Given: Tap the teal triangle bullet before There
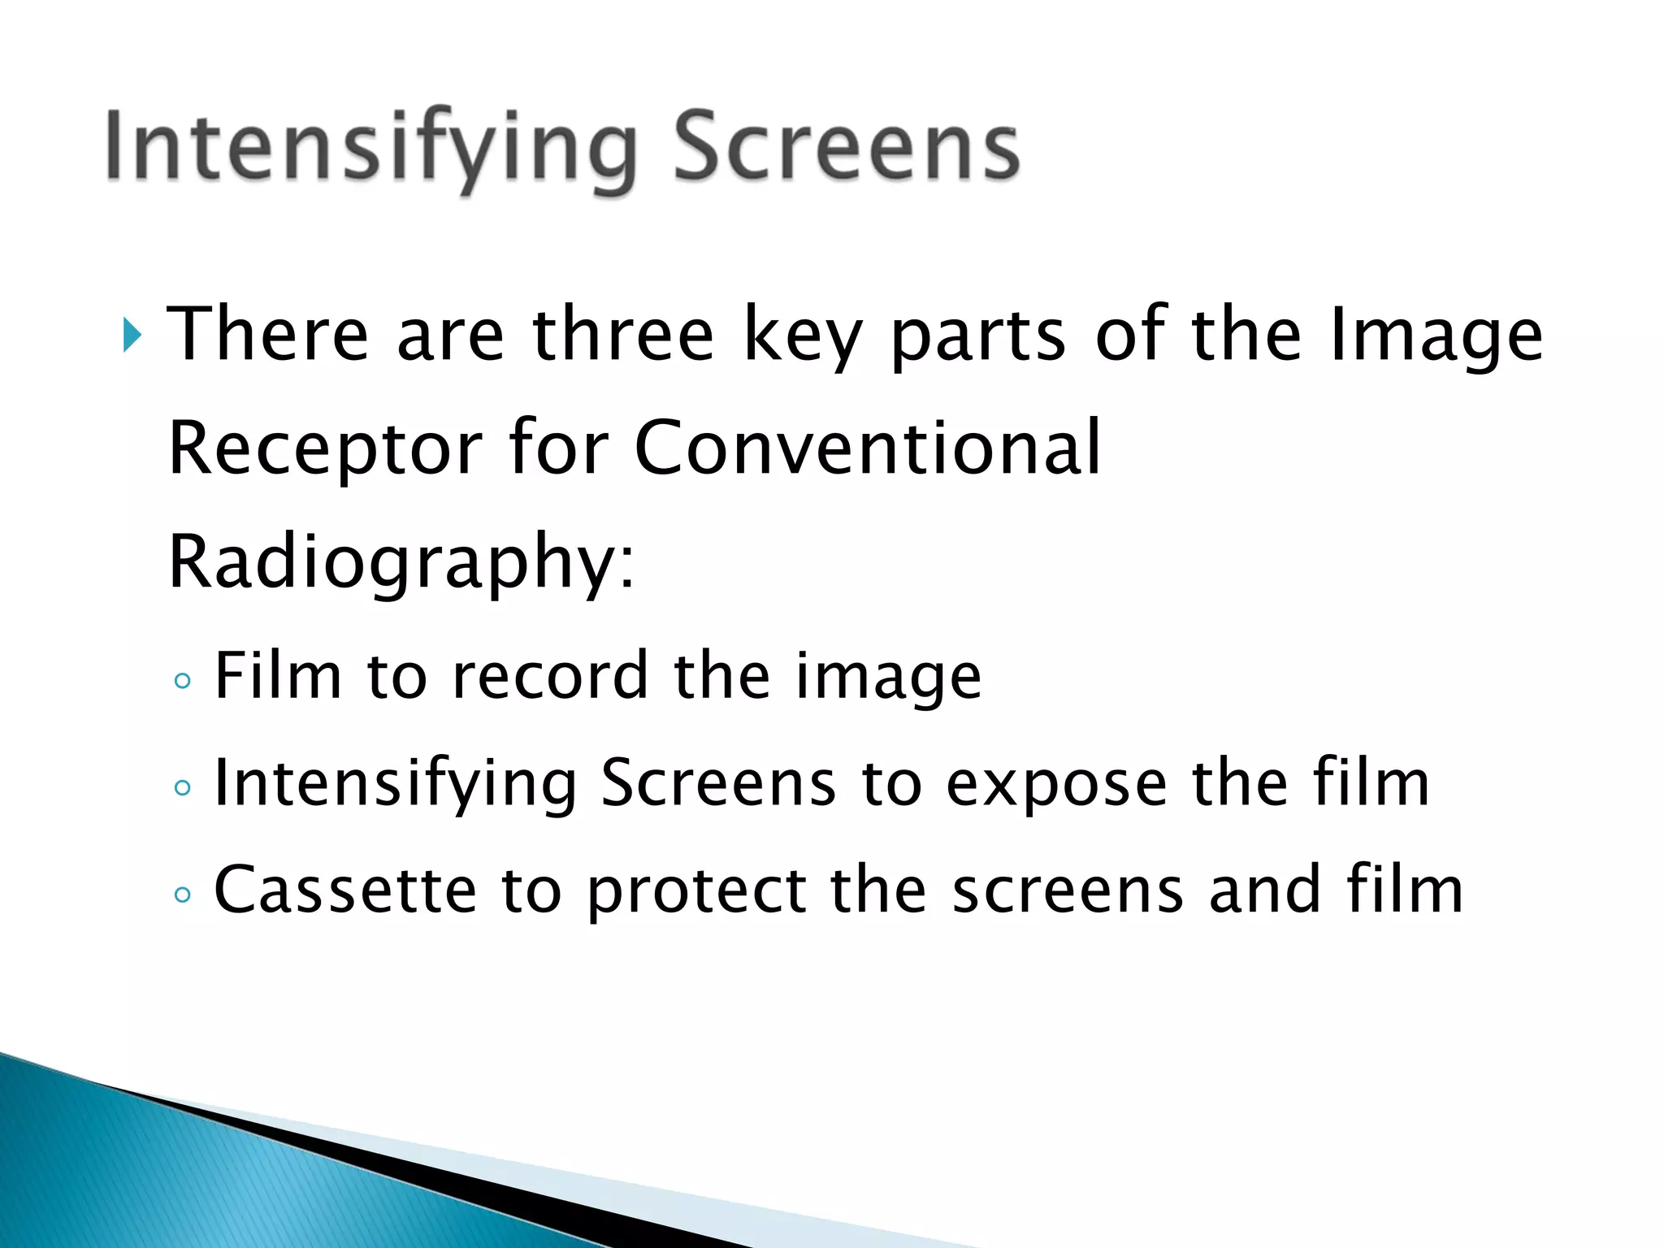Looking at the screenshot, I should [x=132, y=336].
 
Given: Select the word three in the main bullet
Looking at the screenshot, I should [x=622, y=334].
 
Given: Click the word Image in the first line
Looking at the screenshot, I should [x=1436, y=334].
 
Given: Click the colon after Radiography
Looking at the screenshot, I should [x=626, y=569].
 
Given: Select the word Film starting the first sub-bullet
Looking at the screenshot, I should [x=277, y=675].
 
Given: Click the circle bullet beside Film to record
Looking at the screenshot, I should [x=183, y=681].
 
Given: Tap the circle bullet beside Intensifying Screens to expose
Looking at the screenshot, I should [x=183, y=787].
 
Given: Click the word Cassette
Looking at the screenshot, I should [x=345, y=890].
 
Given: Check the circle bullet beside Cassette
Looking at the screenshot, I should [x=183, y=895].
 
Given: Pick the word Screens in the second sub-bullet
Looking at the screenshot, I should [x=718, y=782].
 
